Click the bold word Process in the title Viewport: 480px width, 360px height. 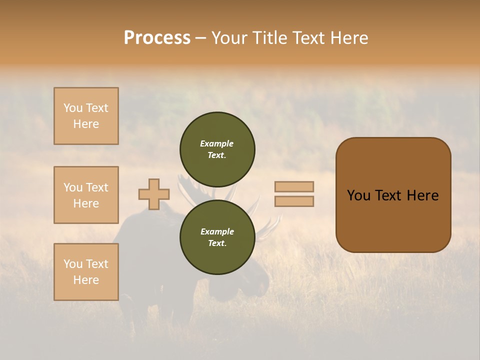(157, 38)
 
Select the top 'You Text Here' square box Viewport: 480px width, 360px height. (86, 116)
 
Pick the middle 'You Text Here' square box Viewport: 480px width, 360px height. (86, 195)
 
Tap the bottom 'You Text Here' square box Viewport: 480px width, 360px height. (86, 272)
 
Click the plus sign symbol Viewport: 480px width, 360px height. (154, 194)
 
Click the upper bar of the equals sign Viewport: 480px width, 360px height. (294, 187)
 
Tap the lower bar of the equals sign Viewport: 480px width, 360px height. (294, 201)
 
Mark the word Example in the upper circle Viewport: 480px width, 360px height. (217, 143)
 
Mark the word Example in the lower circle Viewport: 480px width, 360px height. (217, 231)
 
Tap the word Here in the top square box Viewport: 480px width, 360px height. (86, 124)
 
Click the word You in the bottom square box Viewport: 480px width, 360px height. (72, 264)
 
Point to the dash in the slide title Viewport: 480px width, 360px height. (201, 38)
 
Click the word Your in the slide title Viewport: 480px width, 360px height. (230, 38)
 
